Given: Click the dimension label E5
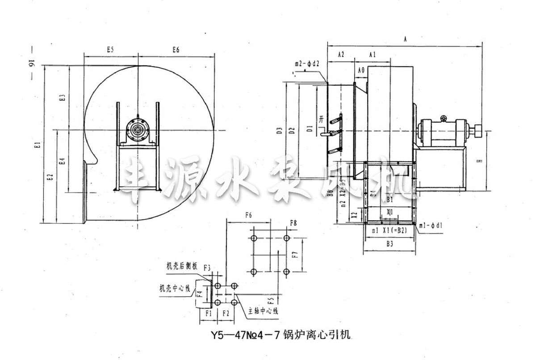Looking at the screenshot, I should point(110,50).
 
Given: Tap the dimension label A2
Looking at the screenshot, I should point(341,54).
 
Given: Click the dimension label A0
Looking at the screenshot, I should point(362,70).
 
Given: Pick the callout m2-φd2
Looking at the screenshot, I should point(307,63).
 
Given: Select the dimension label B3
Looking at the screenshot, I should point(390,244).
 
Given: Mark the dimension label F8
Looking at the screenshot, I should point(293,222).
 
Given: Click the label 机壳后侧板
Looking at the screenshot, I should point(178,265).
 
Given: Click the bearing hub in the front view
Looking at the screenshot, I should point(138,130).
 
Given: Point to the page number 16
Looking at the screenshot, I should point(31,65).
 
